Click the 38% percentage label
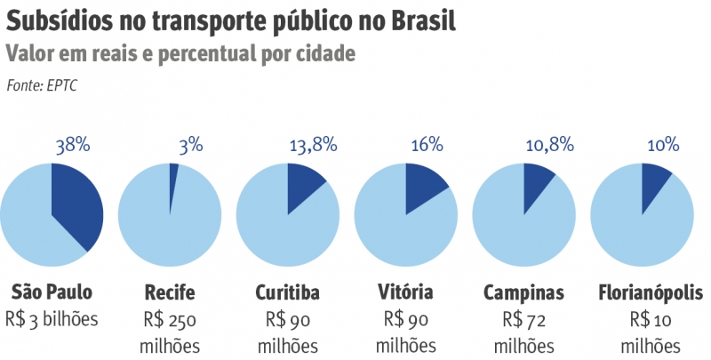(73, 145)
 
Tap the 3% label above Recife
(190, 145)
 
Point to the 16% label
(427, 145)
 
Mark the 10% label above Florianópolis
(663, 145)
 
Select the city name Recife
(169, 292)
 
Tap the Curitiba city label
(287, 292)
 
